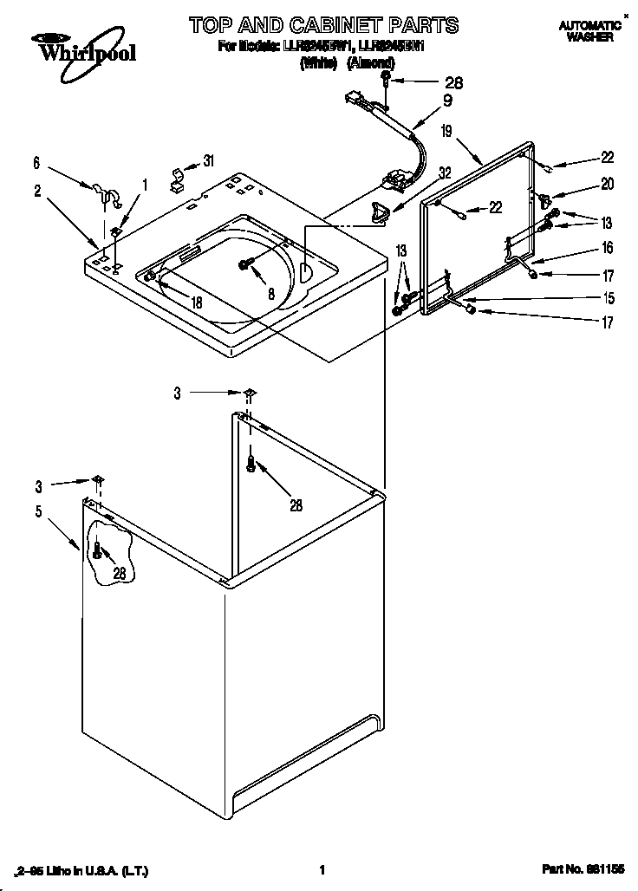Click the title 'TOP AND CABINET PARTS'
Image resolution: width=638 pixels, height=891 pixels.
(324, 23)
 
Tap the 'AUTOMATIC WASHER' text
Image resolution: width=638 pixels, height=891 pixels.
(589, 32)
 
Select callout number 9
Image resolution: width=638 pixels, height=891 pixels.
(447, 101)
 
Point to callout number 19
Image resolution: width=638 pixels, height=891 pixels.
(446, 132)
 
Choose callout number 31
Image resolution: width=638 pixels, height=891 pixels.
(208, 160)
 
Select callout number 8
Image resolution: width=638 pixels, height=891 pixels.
(271, 294)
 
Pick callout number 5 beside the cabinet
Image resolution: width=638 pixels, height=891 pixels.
(37, 511)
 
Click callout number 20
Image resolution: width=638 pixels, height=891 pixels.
(608, 184)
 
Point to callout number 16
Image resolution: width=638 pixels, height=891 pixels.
(608, 248)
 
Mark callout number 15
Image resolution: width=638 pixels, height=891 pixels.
(608, 299)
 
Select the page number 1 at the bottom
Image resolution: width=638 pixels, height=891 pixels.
(322, 869)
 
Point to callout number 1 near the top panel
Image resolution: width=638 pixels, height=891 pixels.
(145, 184)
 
